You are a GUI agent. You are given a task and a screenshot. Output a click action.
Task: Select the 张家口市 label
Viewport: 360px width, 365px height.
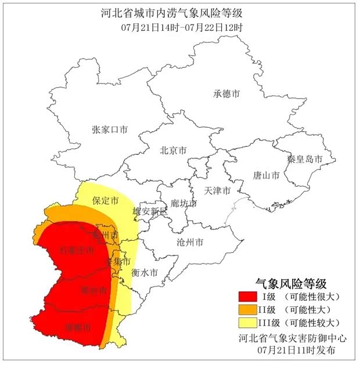(x=109, y=129)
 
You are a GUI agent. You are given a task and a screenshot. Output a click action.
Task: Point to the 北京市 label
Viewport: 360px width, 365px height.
(x=173, y=150)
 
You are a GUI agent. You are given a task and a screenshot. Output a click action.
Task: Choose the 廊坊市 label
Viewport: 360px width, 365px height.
(x=183, y=204)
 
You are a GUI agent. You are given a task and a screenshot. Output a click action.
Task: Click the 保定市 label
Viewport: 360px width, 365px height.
(x=105, y=201)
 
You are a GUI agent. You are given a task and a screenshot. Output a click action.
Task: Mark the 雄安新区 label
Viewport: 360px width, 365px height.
(x=150, y=212)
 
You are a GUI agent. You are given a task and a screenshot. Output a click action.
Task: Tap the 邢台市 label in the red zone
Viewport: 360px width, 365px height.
(x=93, y=290)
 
